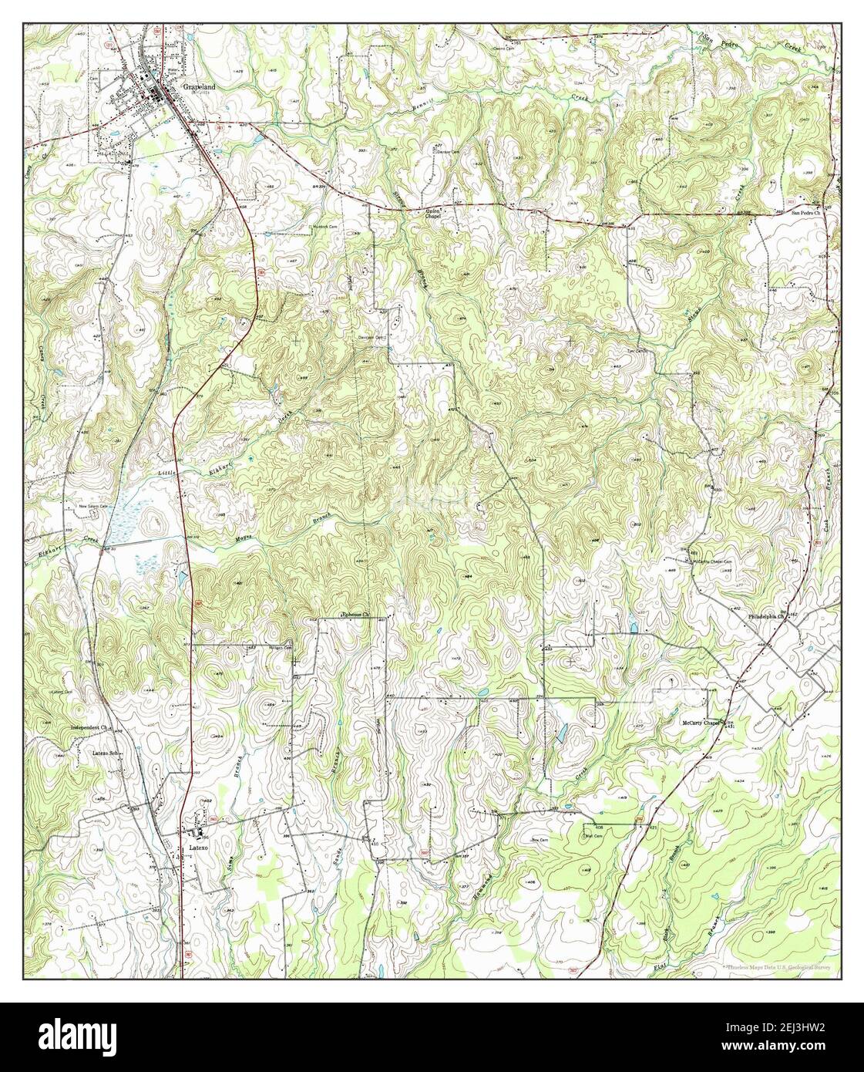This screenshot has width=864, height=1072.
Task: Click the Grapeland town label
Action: pyautogui.click(x=199, y=88)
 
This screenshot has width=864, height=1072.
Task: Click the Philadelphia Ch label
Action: pyautogui.click(x=765, y=617)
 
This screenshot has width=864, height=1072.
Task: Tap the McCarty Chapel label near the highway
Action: pyautogui.click(x=700, y=723)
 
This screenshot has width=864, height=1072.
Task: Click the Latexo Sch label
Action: pyautogui.click(x=103, y=753)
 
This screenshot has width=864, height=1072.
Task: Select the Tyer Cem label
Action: pyautogui.click(x=634, y=366)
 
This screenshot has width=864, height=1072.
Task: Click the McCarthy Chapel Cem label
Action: pyautogui.click(x=711, y=561)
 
